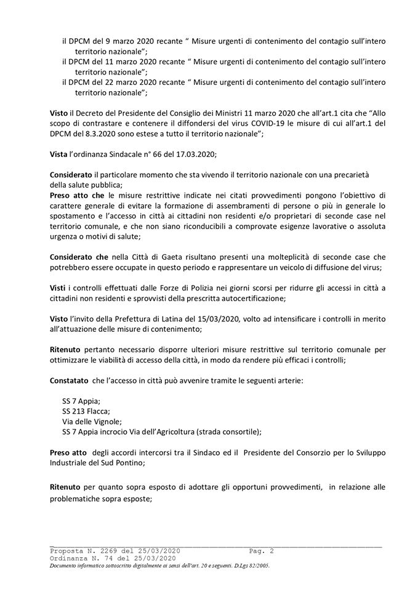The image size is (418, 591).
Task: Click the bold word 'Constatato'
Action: pyautogui.click(x=71, y=380)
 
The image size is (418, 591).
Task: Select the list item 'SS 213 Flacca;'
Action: pyautogui.click(x=86, y=411)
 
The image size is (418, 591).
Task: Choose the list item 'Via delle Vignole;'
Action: pyautogui.click(x=92, y=422)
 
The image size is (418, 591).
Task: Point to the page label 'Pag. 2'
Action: pyautogui.click(x=262, y=550)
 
